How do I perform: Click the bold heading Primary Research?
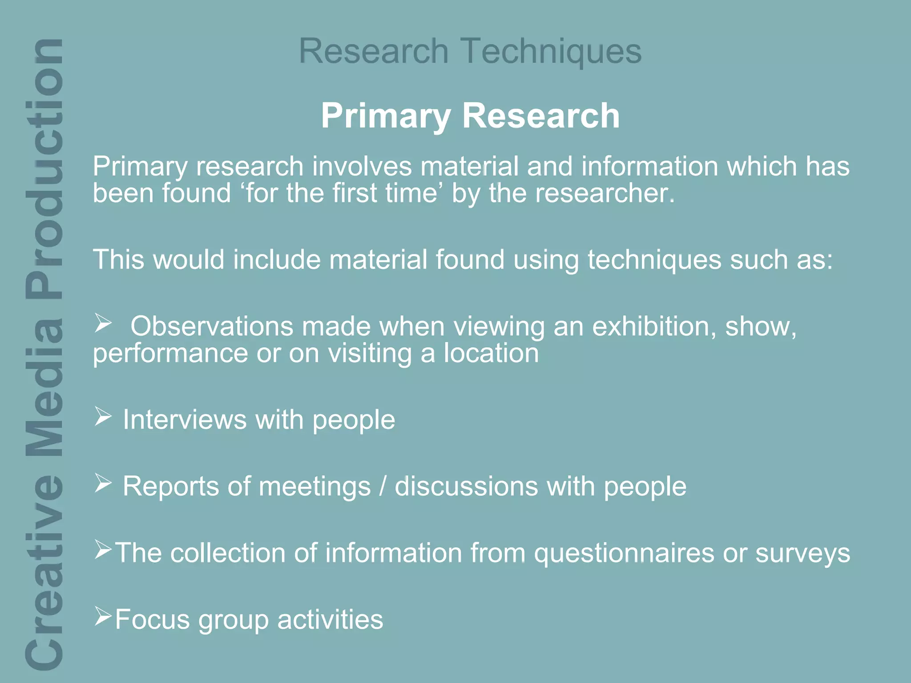click(x=470, y=116)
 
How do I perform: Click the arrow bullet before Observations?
click(x=103, y=323)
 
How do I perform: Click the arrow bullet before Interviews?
click(x=103, y=417)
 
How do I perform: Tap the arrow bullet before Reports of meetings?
click(x=103, y=483)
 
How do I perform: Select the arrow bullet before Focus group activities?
click(x=103, y=616)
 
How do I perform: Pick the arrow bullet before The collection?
click(x=103, y=550)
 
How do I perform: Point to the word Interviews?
click(x=185, y=420)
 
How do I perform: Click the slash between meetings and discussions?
click(x=383, y=486)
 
